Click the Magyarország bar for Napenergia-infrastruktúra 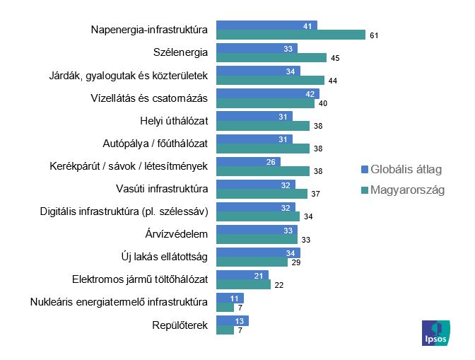pos(291,35)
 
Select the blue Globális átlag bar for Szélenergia pos(257,48)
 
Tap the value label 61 pos(373,35)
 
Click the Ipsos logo pos(435,332)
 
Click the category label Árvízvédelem pos(175,234)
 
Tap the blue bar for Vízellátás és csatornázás pos(267,93)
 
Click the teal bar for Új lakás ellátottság pos(252,262)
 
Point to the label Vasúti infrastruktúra pos(161,189)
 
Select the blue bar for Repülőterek pos(232,320)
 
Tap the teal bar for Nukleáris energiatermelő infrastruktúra pos(225,308)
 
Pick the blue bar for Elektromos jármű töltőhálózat pos(242,275)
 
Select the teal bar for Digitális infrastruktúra pos(258,216)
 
